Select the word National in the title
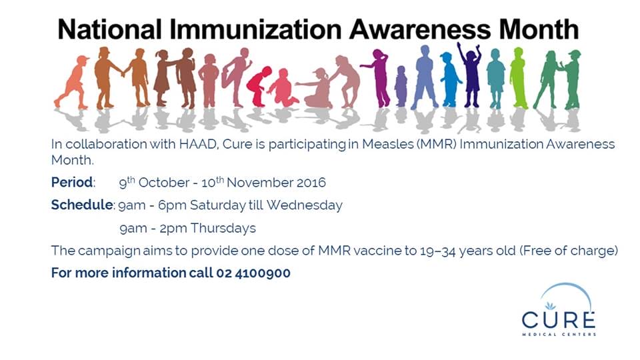[109, 29]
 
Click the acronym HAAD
[157, 144]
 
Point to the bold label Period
[72, 182]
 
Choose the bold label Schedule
[81, 205]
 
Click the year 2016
[310, 182]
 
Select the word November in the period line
[256, 182]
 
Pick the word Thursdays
[223, 228]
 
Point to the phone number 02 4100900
[253, 273]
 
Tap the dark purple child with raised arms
[471, 75]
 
